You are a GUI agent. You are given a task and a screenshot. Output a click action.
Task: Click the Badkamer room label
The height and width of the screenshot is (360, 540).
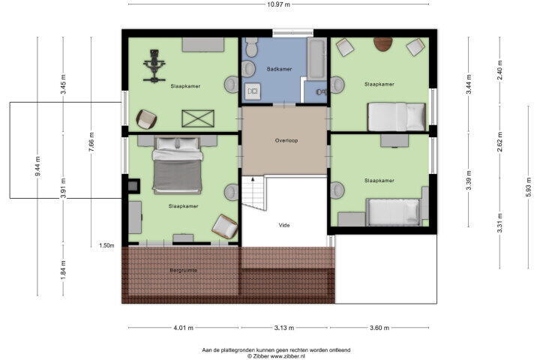coord(279,69)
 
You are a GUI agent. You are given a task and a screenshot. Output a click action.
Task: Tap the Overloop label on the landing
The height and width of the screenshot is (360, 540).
coord(286,140)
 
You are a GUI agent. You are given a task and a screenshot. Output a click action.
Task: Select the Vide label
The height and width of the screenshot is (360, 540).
coord(284,225)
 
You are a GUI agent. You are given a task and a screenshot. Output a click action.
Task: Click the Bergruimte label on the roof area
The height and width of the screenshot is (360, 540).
coord(184,271)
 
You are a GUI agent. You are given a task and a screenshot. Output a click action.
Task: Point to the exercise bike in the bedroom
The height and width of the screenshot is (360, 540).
coord(154,66)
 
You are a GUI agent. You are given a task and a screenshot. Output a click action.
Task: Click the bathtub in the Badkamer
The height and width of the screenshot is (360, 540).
coord(316,58)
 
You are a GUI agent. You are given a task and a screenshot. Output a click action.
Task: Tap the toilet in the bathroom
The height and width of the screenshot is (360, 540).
coord(252,46)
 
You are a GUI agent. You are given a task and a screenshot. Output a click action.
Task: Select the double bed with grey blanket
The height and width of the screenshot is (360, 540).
coord(177,165)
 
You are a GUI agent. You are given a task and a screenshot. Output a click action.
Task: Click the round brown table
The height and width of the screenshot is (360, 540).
coord(383,44)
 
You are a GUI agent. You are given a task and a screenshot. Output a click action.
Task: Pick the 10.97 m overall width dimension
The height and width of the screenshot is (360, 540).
coord(278,4)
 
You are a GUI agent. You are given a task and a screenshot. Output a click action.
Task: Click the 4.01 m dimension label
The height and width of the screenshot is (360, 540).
coord(184,328)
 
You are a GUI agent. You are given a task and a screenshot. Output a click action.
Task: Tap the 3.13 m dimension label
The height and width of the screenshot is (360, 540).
coord(284,328)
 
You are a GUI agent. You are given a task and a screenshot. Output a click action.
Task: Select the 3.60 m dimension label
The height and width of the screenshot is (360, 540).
coord(379,328)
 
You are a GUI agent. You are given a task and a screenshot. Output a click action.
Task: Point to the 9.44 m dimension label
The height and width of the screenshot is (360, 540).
coord(38,166)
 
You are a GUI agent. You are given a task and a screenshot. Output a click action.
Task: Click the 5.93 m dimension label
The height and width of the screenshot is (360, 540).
coord(528,187)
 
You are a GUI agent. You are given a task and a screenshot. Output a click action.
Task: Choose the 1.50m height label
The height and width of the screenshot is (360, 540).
coord(106,246)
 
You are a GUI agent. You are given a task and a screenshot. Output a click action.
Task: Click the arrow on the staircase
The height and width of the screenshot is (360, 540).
coord(253,179)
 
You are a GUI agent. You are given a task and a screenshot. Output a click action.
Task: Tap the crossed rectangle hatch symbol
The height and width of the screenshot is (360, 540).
coord(198,118)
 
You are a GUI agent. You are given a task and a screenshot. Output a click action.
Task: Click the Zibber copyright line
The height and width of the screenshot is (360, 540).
coord(276,356)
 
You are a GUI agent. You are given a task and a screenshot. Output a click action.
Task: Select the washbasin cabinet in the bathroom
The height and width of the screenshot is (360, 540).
coord(253,91)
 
